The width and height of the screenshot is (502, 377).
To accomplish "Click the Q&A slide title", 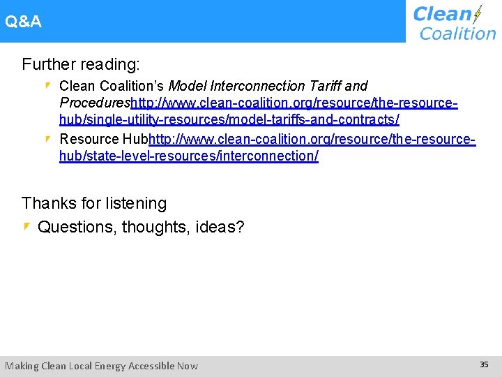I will click(23, 22).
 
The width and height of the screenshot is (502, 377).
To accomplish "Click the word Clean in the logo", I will click(442, 14).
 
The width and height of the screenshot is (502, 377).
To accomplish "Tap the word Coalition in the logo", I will click(457, 33).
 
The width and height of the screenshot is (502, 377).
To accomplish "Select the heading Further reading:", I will click(81, 65).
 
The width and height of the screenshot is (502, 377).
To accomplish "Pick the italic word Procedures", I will click(95, 103).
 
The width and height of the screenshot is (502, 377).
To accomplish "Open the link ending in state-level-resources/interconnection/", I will click(189, 156).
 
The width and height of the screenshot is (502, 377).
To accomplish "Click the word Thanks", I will click(48, 203).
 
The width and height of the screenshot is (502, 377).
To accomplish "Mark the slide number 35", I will click(484, 364).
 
